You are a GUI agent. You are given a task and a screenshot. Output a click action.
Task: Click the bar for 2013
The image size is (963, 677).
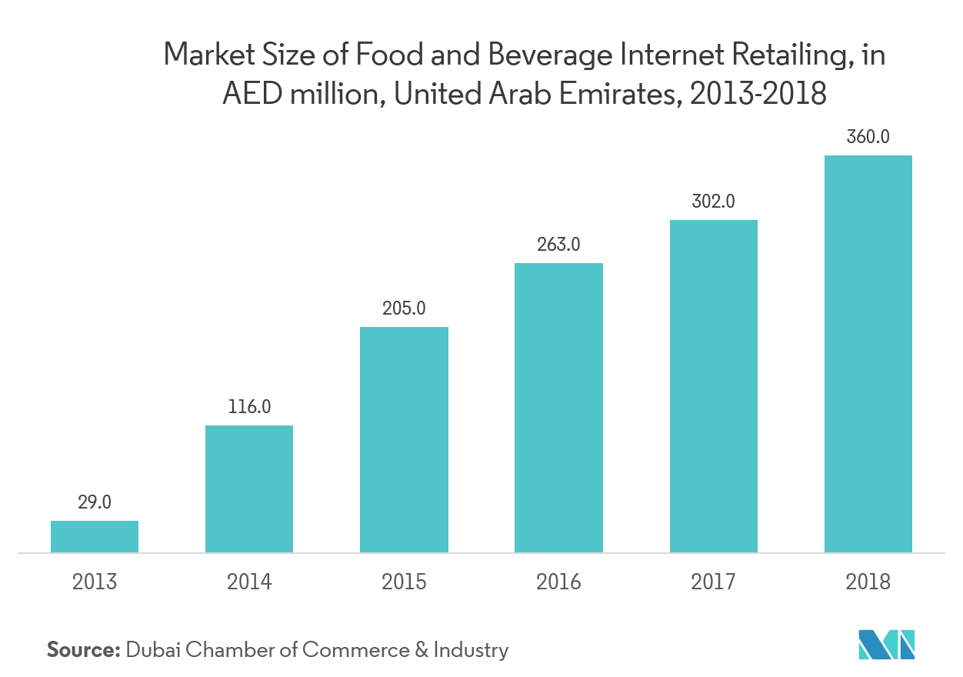pyautogui.click(x=95, y=536)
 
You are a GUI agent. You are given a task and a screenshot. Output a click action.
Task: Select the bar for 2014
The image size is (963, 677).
pyautogui.click(x=249, y=489)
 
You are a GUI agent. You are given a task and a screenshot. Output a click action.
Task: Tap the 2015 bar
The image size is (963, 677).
pyautogui.click(x=404, y=439)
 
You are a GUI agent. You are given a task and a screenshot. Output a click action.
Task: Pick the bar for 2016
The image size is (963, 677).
pyautogui.click(x=558, y=408)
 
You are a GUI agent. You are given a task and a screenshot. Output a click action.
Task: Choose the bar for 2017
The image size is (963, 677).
pyautogui.click(x=713, y=386)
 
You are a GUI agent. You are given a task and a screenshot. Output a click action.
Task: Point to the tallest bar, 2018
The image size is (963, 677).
pyautogui.click(x=868, y=354)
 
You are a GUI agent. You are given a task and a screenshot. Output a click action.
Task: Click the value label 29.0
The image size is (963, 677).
pyautogui.click(x=95, y=503)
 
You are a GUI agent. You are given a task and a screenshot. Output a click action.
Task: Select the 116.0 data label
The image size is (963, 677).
pyautogui.click(x=249, y=407)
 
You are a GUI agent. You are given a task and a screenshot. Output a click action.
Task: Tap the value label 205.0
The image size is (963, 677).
pyautogui.click(x=404, y=308)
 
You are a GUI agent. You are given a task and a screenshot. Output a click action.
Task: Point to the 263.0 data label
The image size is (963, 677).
pyautogui.click(x=558, y=245)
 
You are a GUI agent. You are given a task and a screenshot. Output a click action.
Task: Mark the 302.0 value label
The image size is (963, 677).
pyautogui.click(x=713, y=202)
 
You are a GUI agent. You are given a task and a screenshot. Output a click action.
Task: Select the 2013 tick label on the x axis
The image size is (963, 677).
pyautogui.click(x=95, y=582)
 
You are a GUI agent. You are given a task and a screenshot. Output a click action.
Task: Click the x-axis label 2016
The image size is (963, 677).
pyautogui.click(x=558, y=582)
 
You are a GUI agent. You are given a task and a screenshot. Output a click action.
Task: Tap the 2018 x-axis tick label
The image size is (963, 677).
pyautogui.click(x=868, y=582)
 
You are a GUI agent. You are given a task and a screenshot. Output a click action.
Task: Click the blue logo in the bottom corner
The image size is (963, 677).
pyautogui.click(x=887, y=645)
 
